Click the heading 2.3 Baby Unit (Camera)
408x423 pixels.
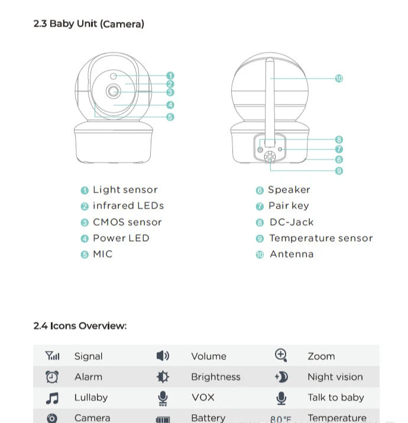[x=89, y=24]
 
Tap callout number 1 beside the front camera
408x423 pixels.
[x=170, y=76]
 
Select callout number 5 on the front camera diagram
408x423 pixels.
[x=170, y=117]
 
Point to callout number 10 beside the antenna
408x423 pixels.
[x=339, y=78]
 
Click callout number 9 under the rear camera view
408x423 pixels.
[x=339, y=171]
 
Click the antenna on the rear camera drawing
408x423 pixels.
[x=270, y=100]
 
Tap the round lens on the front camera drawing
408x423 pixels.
[x=113, y=91]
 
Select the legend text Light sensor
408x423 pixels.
[x=125, y=190]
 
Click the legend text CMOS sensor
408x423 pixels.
[x=127, y=222]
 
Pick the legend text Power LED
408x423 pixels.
[x=121, y=238]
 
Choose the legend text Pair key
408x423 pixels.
[x=289, y=206]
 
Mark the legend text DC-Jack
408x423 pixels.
[x=292, y=222]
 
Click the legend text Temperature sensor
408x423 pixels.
[x=321, y=238]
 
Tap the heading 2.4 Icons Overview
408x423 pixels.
[x=80, y=326]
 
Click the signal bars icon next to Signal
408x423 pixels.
[x=52, y=356]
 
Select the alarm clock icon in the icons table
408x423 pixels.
[x=52, y=376]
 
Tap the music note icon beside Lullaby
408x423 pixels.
[x=52, y=398]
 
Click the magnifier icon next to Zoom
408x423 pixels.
[x=281, y=355]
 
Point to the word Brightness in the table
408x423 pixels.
[x=216, y=377]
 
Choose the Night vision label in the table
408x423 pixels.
[x=335, y=377]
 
